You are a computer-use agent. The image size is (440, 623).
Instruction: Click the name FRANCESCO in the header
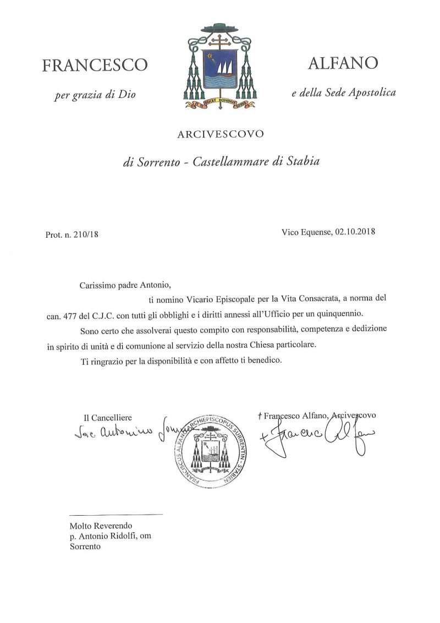pos(95,65)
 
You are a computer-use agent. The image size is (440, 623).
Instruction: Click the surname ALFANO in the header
pos(343,63)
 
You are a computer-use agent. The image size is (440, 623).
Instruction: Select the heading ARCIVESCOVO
pos(220,134)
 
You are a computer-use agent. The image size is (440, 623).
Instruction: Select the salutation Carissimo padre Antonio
pos(126,285)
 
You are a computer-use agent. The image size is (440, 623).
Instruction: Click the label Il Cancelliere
pos(108,418)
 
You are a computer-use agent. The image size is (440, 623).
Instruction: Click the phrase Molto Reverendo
pos(101,526)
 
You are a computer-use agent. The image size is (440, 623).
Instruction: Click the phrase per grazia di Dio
pos(95,95)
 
